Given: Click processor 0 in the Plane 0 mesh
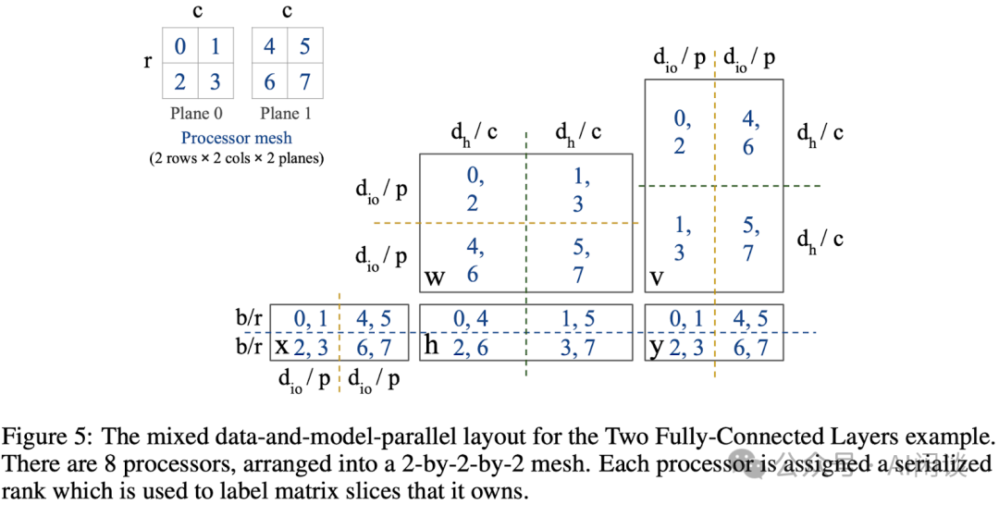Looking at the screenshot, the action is point(180,46).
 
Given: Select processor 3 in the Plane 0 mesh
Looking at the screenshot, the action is point(216,81).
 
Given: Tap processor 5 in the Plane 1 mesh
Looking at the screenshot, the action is point(304,46).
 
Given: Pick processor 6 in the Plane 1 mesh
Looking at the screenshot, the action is point(269,81).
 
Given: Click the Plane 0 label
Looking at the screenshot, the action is point(196,114).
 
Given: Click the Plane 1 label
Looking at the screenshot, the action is point(286,114).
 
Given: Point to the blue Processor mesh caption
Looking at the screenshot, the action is point(237,138).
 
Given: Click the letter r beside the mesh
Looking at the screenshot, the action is point(148,62).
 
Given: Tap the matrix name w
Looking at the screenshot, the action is point(435,277).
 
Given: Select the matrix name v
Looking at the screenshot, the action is point(657,277).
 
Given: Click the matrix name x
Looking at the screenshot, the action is point(281,347).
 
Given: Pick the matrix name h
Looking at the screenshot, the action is point(431,345).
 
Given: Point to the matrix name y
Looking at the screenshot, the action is point(656,349).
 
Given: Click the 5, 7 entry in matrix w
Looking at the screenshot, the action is point(578,261).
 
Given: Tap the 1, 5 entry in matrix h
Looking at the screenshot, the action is point(578,318).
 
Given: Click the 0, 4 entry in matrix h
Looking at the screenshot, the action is point(471,318).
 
